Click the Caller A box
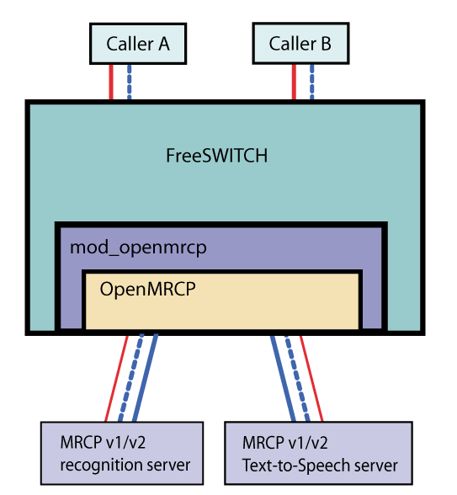(137, 44)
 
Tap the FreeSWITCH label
(217, 156)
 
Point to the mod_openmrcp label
(137, 248)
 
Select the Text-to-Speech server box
(319, 453)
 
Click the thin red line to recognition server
(117, 379)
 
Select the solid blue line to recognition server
(141, 379)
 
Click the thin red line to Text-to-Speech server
(311, 379)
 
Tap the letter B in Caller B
(325, 44)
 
